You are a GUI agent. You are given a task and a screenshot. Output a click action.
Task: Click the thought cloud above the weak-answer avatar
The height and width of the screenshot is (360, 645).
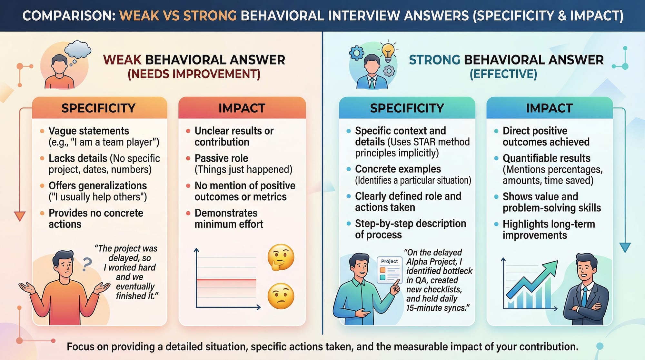pos(78,49)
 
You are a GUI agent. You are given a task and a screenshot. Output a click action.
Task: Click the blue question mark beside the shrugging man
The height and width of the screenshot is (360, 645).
pos(87,264)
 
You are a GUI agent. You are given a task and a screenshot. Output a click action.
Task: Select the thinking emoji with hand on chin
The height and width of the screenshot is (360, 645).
pos(281,257)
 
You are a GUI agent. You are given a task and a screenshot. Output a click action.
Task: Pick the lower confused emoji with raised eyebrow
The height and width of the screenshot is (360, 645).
pos(281,296)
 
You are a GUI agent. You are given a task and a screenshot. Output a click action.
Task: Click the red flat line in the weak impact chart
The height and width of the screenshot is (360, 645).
pos(226,279)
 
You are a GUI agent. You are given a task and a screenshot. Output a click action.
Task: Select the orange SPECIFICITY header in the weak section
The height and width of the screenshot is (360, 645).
pos(99,108)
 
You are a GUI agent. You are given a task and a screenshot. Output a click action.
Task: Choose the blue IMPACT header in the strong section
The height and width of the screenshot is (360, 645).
pos(549,108)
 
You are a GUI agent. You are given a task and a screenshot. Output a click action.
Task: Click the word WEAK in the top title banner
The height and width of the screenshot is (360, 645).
pos(139,16)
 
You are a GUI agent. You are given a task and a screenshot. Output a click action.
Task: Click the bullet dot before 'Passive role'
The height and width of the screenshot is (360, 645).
pos(188,158)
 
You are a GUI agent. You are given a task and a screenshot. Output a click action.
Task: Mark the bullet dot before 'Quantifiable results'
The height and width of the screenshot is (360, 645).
pos(496,158)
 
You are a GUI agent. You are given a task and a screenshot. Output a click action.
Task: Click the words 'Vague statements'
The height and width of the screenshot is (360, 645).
pos(89,131)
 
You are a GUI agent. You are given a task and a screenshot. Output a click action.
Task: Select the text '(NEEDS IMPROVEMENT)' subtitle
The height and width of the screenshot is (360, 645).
pos(194,74)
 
